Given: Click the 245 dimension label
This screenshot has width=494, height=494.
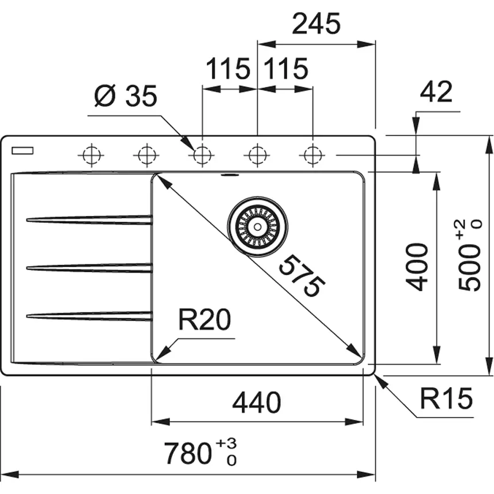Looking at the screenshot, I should (317, 25).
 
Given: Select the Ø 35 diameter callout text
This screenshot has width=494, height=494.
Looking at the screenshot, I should (125, 98).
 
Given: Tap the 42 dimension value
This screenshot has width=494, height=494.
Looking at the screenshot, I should (437, 92).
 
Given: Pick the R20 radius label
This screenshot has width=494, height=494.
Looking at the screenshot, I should (203, 321).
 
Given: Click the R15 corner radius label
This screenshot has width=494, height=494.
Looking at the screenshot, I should (446, 397).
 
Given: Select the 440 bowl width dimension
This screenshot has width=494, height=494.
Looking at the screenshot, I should (256, 403).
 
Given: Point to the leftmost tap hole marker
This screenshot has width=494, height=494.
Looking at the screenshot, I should (90, 155).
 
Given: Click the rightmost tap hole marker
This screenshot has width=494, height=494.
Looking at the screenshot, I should (312, 155).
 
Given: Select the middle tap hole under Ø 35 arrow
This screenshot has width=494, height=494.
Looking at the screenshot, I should (202, 155).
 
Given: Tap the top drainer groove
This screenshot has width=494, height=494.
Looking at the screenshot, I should (89, 219).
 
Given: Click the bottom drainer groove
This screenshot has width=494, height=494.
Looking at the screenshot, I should (89, 314).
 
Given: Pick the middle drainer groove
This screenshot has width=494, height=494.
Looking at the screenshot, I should (89, 267).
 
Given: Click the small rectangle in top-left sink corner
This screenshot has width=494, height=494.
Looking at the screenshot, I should (22, 151).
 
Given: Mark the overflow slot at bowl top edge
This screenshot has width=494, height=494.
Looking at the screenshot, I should (230, 174).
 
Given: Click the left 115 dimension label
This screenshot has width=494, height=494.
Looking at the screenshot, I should (228, 70).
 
